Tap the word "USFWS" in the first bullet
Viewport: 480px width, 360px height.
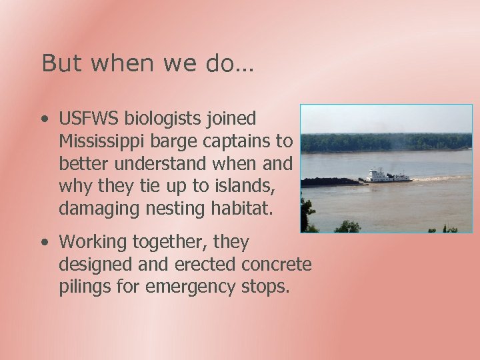[x=88, y=119]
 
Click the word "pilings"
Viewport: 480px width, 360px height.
[x=85, y=287]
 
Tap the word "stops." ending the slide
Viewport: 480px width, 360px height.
[x=267, y=287]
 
